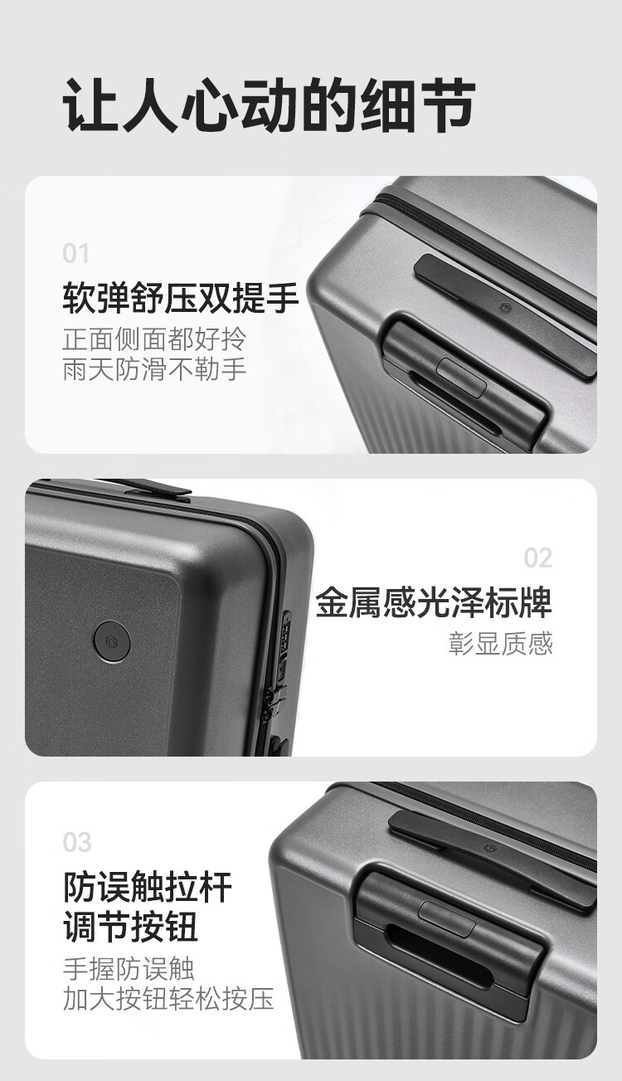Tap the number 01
point(75,254)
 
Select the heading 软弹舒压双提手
point(181,298)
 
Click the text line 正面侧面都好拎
point(154,340)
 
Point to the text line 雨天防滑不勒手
point(154,369)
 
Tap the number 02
point(538,558)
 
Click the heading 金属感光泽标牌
point(434,602)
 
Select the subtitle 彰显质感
point(501,644)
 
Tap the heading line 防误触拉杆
point(148,887)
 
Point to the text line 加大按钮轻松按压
point(168,998)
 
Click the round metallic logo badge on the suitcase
point(113,641)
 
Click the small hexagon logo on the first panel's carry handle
point(503,305)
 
